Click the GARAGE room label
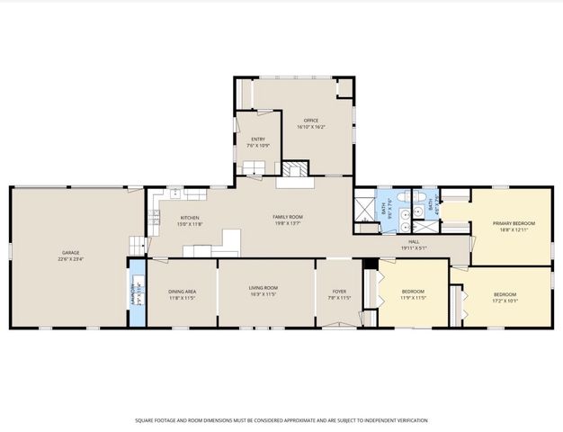point(71,252)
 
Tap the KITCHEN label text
point(189,218)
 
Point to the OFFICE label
point(311,121)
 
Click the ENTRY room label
point(258,139)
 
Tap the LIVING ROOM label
point(264,289)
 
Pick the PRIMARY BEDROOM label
point(513,223)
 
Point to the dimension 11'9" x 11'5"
point(413,297)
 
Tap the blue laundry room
point(136,293)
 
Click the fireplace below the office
point(291,169)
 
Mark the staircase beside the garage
point(137,246)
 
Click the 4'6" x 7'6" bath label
point(432,206)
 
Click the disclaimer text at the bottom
point(281,419)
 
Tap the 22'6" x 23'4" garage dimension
point(71,258)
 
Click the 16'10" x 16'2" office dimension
point(311,127)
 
